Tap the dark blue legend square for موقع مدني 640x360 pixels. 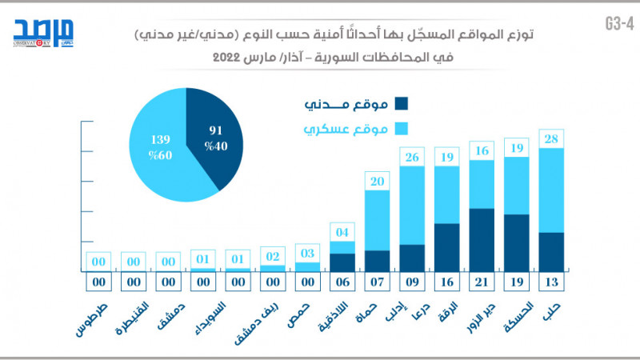tap(401, 104)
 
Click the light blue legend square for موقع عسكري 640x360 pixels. tap(401, 129)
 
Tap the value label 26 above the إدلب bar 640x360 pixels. tap(412, 158)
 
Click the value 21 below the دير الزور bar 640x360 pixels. tap(482, 282)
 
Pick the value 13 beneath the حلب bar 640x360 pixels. tap(551, 282)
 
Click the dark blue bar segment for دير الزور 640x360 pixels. tap(482, 238)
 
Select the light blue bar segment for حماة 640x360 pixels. tap(377, 220)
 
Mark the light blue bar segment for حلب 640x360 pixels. tap(551, 190)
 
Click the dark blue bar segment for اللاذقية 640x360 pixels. tap(342, 262)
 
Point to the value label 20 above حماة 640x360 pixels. tap(377, 182)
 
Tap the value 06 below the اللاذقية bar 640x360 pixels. tap(342, 282)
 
